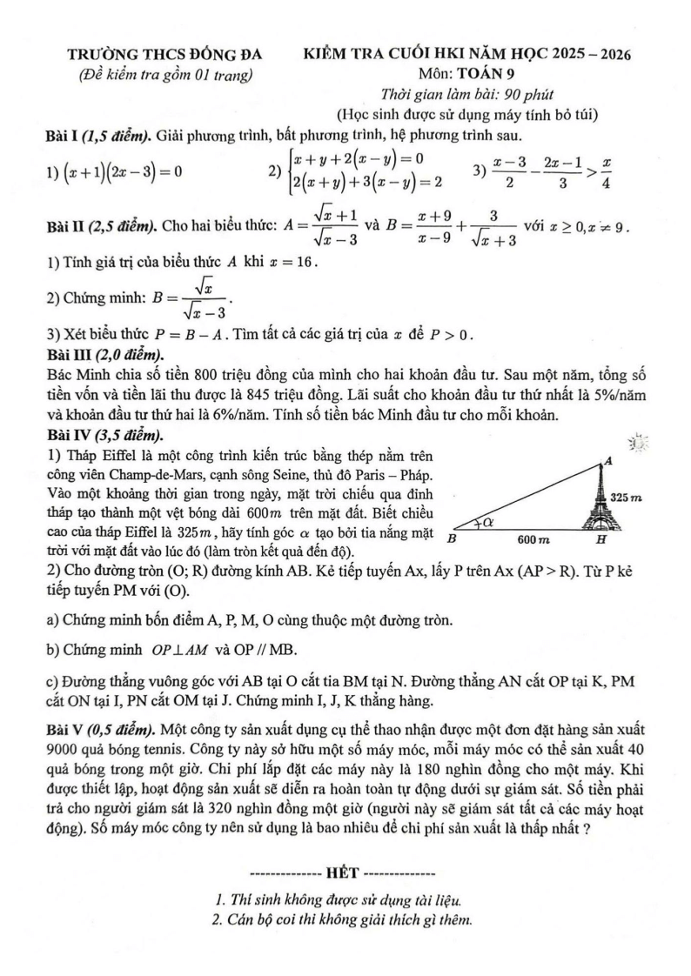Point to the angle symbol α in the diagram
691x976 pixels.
[487, 522]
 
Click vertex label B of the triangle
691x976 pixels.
[452, 539]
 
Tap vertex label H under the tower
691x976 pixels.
[600, 540]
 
